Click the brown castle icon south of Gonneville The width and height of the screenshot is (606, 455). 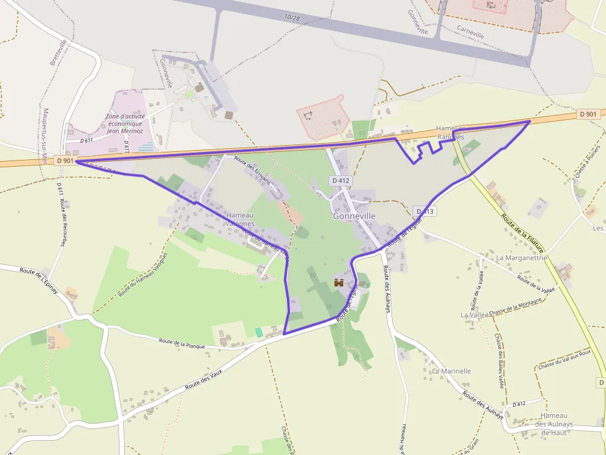pos(339,283)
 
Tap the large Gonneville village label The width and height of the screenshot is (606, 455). pos(354,217)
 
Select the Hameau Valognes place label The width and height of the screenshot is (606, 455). pos(240,219)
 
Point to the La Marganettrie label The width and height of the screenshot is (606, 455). pos(521,257)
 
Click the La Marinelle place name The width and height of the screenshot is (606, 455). pos(451,371)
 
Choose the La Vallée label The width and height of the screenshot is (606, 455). pos(474,314)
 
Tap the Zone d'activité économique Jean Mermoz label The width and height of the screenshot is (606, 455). pos(124,123)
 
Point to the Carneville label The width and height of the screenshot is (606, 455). pos(471,31)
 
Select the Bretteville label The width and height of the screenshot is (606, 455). pos(58,52)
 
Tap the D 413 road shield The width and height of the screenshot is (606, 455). pos(426,211)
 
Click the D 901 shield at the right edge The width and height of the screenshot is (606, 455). pos(589,114)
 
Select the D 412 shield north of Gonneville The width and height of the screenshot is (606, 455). pos(340,181)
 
